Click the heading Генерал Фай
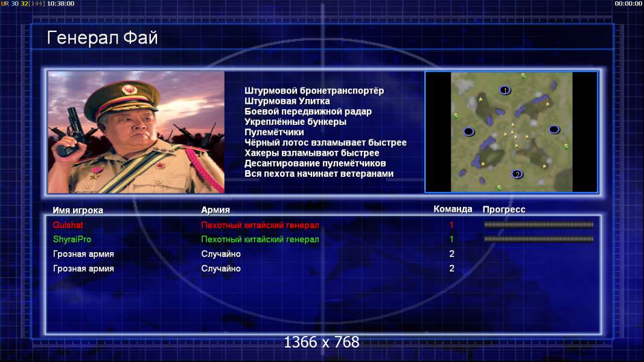[102, 38]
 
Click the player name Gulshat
[68, 225]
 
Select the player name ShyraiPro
[72, 240]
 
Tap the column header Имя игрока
[78, 210]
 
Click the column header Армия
[215, 210]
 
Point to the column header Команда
[453, 209]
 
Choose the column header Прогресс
[504, 209]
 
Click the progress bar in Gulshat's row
[538, 225]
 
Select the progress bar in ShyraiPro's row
[538, 239]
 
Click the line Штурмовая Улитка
[287, 101]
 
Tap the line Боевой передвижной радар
[308, 112]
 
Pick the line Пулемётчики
[274, 132]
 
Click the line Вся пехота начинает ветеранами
[319, 174]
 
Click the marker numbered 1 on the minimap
[505, 90]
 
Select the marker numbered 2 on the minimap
[517, 174]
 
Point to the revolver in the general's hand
[70, 132]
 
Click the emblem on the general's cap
[129, 89]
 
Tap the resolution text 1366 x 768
[322, 342]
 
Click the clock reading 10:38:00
[60, 4]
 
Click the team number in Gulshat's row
[451, 225]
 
